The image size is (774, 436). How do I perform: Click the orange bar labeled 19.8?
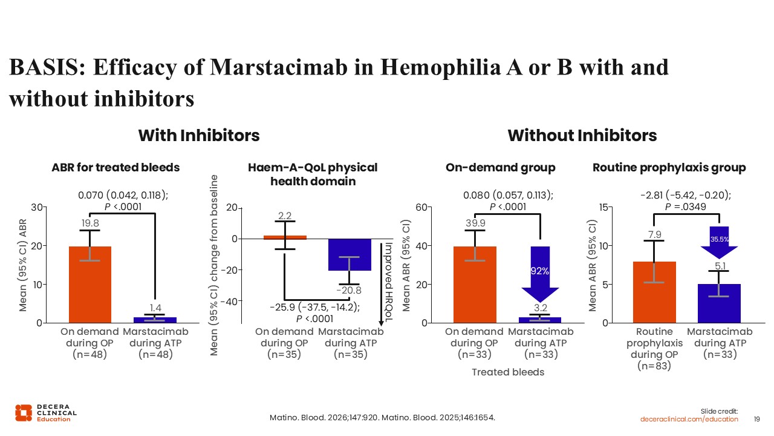90,285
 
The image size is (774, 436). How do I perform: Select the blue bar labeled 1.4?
155,320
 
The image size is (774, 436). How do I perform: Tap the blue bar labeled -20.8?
350,255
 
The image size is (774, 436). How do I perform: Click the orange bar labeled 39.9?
475,285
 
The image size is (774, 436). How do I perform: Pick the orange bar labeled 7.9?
654,292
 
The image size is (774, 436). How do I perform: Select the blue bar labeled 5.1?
719,303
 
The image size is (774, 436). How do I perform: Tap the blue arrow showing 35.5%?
719,242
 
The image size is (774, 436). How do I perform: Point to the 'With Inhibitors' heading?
199,135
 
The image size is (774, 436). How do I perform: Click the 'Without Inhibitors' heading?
582,135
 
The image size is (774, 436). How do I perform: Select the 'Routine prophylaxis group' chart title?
669,168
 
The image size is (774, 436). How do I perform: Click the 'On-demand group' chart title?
500,168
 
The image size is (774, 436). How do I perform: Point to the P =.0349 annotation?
686,207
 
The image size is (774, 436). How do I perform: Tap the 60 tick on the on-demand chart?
421,208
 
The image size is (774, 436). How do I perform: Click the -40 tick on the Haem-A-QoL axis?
229,302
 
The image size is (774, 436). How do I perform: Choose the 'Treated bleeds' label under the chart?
508,372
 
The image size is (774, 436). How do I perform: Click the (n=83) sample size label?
654,366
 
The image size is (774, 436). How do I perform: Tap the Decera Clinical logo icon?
24,413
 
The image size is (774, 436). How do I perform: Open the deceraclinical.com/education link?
689,420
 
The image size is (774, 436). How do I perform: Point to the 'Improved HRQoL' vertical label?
389,282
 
